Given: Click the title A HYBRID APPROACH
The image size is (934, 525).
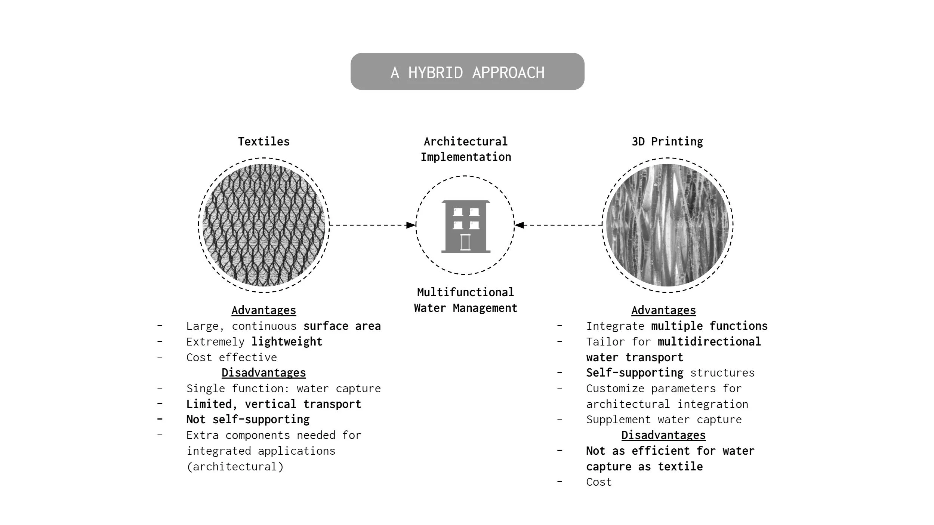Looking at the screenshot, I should [467, 72].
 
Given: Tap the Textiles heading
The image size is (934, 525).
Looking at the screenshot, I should [263, 141].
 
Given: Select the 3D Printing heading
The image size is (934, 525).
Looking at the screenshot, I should [667, 141].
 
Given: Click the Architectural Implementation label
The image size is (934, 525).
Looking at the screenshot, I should [466, 149].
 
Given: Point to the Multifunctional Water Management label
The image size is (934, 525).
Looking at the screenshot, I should [465, 300].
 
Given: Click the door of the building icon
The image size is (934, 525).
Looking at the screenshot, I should [465, 242].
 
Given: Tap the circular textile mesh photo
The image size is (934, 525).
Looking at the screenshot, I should [263, 225].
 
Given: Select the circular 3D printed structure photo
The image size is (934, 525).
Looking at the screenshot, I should [667, 225].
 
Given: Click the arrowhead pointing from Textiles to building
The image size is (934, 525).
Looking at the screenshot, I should [411, 225].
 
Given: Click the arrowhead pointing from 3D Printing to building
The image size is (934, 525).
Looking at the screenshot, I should [519, 225].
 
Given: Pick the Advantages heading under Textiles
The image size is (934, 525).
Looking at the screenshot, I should [263, 310].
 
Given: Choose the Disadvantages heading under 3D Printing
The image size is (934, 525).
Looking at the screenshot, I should [663, 435].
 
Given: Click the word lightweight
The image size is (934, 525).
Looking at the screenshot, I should [287, 342].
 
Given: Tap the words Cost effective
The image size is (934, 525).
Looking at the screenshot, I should [232, 357].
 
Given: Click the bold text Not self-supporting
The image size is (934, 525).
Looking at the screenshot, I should [248, 420].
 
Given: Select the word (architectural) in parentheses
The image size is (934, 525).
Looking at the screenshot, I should [235, 467].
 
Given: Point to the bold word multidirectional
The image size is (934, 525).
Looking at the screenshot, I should [709, 342].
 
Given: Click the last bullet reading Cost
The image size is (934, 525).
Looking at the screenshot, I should [599, 482].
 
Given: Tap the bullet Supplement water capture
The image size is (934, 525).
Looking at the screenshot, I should [664, 420].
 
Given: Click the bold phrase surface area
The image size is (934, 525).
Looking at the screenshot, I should [342, 326].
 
